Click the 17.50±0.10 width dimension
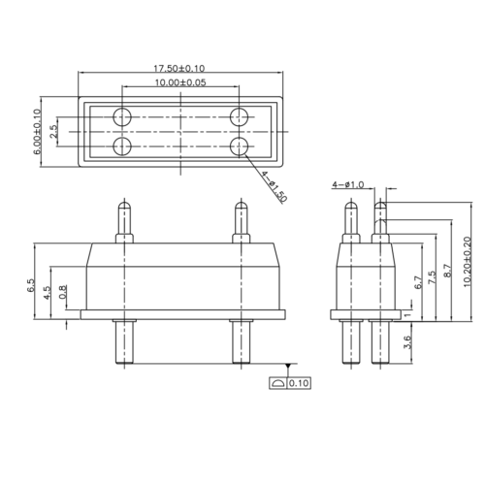tap(179, 68)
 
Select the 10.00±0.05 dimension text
tap(180, 84)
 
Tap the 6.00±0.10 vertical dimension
tap(38, 133)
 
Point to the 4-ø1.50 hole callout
tap(275, 184)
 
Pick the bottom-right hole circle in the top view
tap(239, 146)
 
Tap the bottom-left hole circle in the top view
tap(123, 146)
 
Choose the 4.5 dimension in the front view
tap(48, 295)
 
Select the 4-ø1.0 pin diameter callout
tap(347, 183)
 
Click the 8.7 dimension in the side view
tap(446, 273)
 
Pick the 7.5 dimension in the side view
tap(431, 278)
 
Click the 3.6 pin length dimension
tap(407, 342)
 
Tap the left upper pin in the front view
tap(123, 222)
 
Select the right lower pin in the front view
tap(238, 340)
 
